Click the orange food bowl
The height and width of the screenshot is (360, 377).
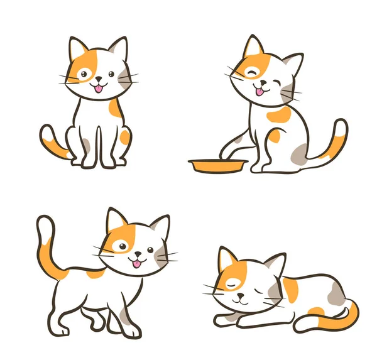217,166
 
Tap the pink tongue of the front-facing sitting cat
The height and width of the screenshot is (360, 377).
98,89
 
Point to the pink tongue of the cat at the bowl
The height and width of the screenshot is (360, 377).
259,92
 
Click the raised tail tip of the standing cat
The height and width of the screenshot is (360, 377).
43,223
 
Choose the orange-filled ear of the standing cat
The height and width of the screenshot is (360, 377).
115,221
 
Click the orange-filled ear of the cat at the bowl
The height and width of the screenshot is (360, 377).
253,47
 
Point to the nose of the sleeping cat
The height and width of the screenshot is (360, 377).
239,297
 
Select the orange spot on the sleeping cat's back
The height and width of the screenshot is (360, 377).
290,289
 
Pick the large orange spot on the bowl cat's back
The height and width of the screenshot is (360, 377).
278,114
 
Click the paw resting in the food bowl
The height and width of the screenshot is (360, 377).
224,155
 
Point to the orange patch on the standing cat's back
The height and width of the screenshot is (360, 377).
96,273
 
